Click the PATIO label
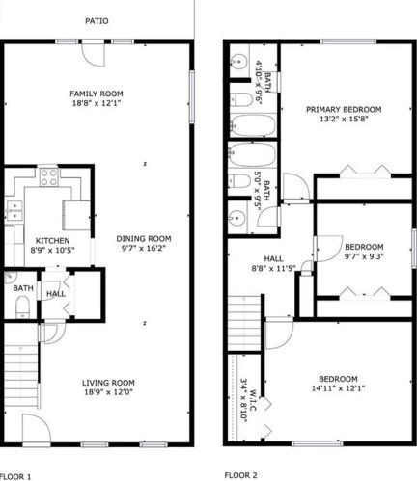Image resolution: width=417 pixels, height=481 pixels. [97, 20]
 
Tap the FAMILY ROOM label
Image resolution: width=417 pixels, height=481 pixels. [97, 94]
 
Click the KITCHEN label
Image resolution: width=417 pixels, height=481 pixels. [52, 240]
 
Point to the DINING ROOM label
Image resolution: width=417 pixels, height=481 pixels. [144, 239]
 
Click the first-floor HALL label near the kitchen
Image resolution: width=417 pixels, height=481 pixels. [55, 294]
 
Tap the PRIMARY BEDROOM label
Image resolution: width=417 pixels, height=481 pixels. [345, 109]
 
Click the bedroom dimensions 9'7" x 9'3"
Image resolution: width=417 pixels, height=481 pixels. [365, 256]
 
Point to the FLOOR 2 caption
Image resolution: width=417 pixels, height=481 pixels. [241, 475]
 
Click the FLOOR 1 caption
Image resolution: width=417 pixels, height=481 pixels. [15, 476]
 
